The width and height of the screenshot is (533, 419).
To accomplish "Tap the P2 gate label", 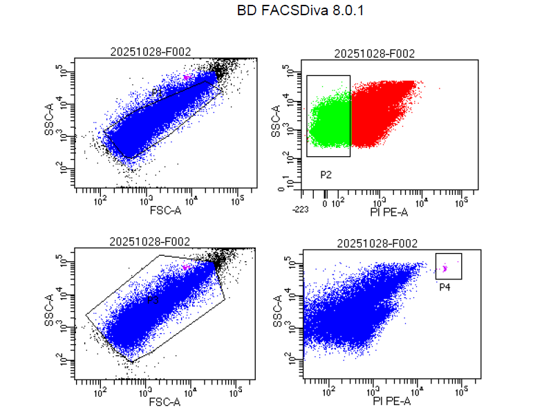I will (x=326, y=175).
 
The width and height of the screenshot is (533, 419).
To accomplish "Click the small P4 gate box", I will (x=448, y=266).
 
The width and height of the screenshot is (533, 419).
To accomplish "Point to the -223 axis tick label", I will (x=300, y=209).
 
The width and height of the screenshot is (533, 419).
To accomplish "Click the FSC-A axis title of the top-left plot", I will (x=165, y=209).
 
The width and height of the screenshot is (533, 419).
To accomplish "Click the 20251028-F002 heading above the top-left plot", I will (x=151, y=51).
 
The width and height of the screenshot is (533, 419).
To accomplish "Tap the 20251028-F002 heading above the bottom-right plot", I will (x=377, y=243).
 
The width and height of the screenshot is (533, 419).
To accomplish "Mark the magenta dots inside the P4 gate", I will (x=446, y=268).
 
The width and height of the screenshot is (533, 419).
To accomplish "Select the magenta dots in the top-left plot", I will (x=185, y=77).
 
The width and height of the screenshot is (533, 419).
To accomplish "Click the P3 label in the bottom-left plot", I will (x=153, y=301).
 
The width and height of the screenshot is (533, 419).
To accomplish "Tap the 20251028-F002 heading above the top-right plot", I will (x=374, y=54).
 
